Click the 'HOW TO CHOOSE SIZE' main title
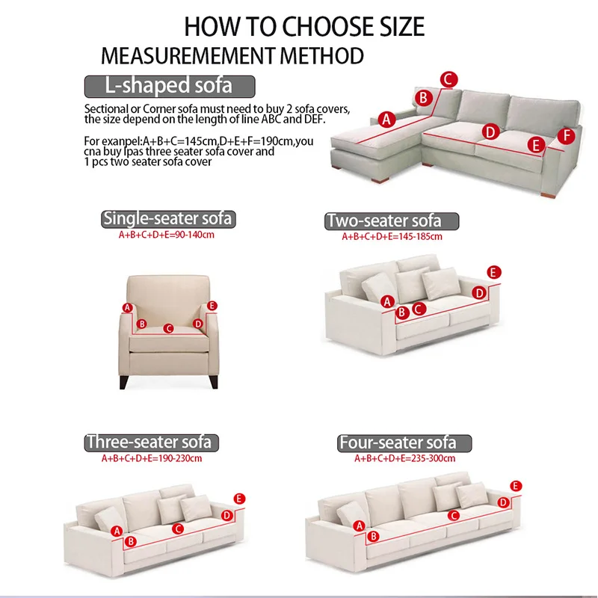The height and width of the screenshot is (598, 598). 304,27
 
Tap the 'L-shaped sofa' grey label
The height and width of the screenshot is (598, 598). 170,86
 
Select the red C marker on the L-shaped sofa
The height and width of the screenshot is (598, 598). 449,79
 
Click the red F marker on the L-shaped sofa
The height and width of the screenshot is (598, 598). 567,136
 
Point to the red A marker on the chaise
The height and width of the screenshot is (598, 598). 386,120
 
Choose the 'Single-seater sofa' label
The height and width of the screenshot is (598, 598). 168,219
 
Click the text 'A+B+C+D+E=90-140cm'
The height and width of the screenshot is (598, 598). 166,235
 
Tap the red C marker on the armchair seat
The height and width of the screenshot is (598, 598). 168,328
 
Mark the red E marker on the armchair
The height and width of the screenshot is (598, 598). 212,306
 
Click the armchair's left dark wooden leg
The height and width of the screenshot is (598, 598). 123,382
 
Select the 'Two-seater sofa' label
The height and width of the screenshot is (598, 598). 392,221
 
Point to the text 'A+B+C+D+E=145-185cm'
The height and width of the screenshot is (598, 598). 392,237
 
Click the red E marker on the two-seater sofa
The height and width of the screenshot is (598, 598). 494,272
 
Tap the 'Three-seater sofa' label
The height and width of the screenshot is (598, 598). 152,443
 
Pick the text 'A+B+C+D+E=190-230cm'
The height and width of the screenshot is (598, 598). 152,458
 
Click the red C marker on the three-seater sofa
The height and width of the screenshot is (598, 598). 178,528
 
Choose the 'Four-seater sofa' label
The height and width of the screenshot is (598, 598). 404,443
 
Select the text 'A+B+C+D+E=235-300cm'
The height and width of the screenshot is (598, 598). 404,458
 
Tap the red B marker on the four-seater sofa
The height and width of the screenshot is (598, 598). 373,536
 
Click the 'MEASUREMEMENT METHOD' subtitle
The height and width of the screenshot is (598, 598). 232,56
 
